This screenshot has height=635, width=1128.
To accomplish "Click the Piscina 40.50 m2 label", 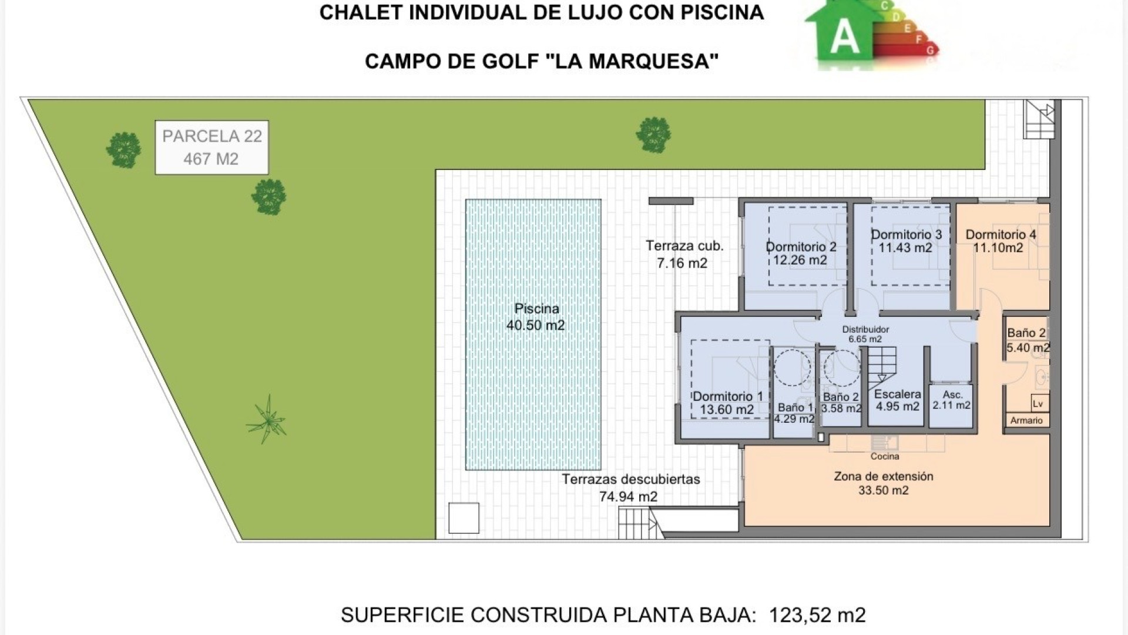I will pyautogui.click(x=535, y=317).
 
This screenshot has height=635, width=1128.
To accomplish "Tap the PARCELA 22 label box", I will pyautogui.click(x=211, y=148).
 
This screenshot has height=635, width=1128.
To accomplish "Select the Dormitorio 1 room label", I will pyautogui.click(x=727, y=403).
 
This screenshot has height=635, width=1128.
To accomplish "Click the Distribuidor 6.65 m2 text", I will pyautogui.click(x=865, y=334).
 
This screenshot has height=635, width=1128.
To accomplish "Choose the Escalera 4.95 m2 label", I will pyautogui.click(x=897, y=400).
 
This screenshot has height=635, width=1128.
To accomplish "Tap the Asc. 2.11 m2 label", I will pyautogui.click(x=952, y=400).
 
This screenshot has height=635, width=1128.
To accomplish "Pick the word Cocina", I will pyautogui.click(x=885, y=456).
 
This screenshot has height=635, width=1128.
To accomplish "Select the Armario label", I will pyautogui.click(x=1026, y=420).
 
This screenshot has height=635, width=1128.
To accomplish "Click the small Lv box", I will pyautogui.click(x=1038, y=404).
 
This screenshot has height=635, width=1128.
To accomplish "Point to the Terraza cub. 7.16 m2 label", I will pyautogui.click(x=684, y=254).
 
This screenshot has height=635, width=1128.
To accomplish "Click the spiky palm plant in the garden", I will pyautogui.click(x=267, y=419).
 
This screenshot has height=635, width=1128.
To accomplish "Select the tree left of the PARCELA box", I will pyautogui.click(x=123, y=150).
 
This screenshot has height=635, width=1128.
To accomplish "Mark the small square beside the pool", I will pyautogui.click(x=464, y=518).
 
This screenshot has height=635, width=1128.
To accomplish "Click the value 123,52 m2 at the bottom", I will pyautogui.click(x=817, y=615).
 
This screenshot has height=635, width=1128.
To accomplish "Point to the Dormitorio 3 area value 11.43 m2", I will pyautogui.click(x=905, y=248).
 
